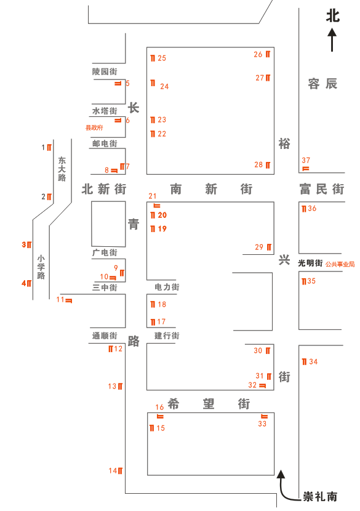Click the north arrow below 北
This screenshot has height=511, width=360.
tap(332, 40)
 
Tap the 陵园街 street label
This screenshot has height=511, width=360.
tap(105, 72)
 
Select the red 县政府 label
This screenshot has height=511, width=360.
tap(94, 127)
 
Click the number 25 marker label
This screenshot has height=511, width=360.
tap(162, 58)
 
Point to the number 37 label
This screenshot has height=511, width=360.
tap(306, 160)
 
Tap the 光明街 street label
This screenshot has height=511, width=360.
tap(310, 263)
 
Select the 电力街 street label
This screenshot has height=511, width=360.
tap(167, 287)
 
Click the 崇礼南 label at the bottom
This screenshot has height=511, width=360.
tap(320, 496)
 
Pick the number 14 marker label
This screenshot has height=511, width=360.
tap(113, 471)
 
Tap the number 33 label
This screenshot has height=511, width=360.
tap(262, 424)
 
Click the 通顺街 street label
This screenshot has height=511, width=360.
tap(105, 336)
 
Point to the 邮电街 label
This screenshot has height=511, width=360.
tap(105, 143)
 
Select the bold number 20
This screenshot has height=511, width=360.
tap(162, 215)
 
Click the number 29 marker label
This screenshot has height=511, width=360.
tap(259, 247)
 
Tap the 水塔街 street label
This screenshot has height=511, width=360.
tap(105, 111)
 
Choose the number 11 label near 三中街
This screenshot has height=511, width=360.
tap(60, 300)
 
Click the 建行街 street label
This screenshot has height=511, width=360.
tap(167, 336)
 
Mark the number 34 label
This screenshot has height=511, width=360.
tap(313, 361)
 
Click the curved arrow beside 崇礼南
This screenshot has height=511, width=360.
tap(284, 486)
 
